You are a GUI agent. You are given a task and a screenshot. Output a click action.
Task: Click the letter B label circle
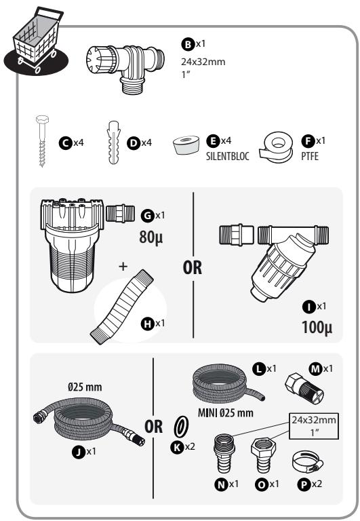click(x=188, y=44)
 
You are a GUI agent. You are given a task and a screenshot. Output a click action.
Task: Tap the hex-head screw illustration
click(x=41, y=140)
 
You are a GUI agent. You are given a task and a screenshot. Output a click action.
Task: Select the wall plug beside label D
click(x=114, y=142)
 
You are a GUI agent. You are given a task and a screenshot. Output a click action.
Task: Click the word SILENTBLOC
click(x=228, y=156)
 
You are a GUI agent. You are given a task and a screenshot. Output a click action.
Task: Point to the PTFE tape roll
click(x=276, y=148)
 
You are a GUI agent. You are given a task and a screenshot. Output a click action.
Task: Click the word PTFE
click(x=310, y=156)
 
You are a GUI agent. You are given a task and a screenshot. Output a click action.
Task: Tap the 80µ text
click(x=151, y=237)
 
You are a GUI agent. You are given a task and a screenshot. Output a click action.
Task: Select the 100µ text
click(x=317, y=327)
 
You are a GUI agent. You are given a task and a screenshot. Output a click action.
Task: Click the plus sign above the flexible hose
click(x=123, y=266)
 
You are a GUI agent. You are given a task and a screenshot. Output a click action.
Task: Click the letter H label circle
click(x=147, y=324)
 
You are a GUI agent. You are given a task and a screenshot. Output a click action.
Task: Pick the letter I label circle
click(x=309, y=307)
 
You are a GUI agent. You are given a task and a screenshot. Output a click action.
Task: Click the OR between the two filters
click(x=193, y=267)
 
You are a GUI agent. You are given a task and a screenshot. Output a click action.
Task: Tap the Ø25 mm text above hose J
click(x=85, y=387)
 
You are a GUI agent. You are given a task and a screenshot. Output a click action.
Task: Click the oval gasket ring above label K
click(x=181, y=427)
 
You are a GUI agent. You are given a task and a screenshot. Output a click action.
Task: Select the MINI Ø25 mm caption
click(x=226, y=413)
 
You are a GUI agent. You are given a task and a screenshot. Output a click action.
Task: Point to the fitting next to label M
click(x=304, y=388)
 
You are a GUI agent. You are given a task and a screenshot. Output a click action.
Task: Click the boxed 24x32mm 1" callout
click(x=314, y=426)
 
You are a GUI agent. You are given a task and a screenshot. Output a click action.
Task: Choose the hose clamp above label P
click(x=308, y=463)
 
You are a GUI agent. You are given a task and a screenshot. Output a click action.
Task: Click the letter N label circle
click(x=221, y=485)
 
